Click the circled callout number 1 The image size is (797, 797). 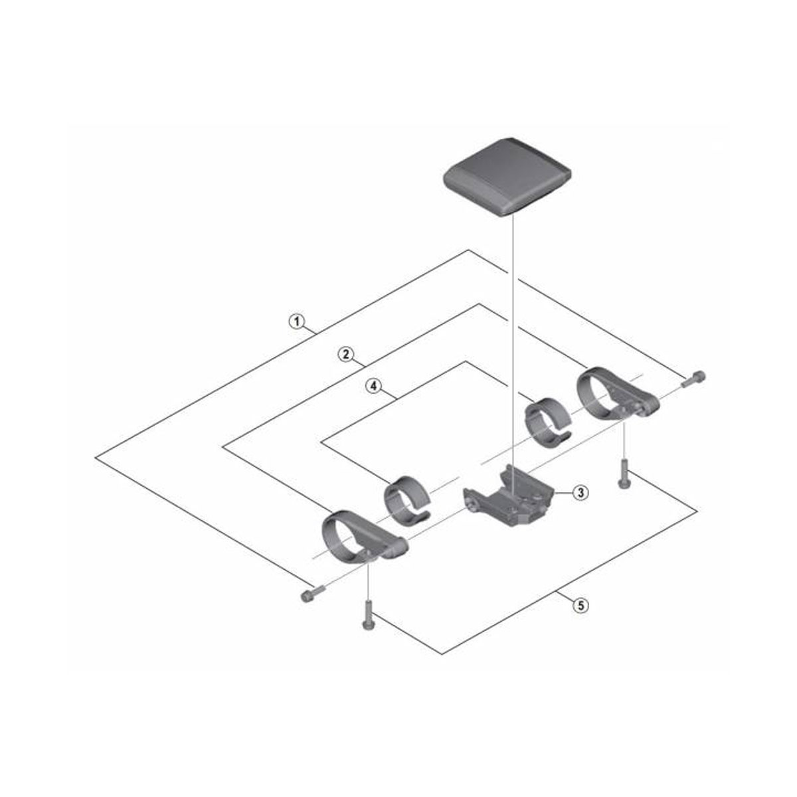296,322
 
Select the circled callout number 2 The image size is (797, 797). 345,354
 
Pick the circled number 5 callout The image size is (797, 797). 580,605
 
